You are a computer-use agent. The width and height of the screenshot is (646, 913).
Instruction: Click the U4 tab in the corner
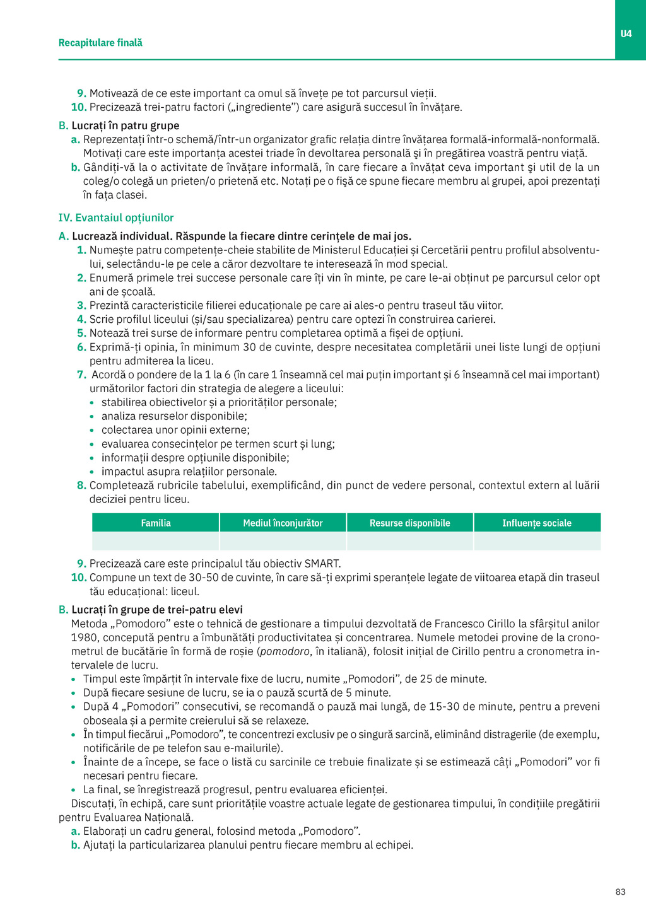626,33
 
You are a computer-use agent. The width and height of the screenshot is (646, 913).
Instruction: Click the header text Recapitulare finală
100,43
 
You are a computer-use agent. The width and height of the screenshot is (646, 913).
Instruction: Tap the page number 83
620,892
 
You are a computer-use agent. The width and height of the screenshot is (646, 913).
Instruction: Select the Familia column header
156,523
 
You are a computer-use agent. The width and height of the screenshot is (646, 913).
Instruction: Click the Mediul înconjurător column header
283,523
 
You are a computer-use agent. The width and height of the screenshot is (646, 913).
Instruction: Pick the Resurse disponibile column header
410,523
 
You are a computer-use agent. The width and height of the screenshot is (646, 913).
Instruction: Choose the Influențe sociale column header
537,523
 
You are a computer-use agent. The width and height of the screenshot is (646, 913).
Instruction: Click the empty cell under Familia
156,541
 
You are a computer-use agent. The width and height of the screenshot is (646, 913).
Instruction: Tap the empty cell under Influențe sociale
537,541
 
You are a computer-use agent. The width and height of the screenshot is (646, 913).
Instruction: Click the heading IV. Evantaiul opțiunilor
116,218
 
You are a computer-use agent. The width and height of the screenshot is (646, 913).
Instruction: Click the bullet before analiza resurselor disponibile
92,417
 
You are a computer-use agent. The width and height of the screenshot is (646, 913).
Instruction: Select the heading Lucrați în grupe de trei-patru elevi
156,610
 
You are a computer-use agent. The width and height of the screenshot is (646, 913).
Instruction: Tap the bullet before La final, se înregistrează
74,790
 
